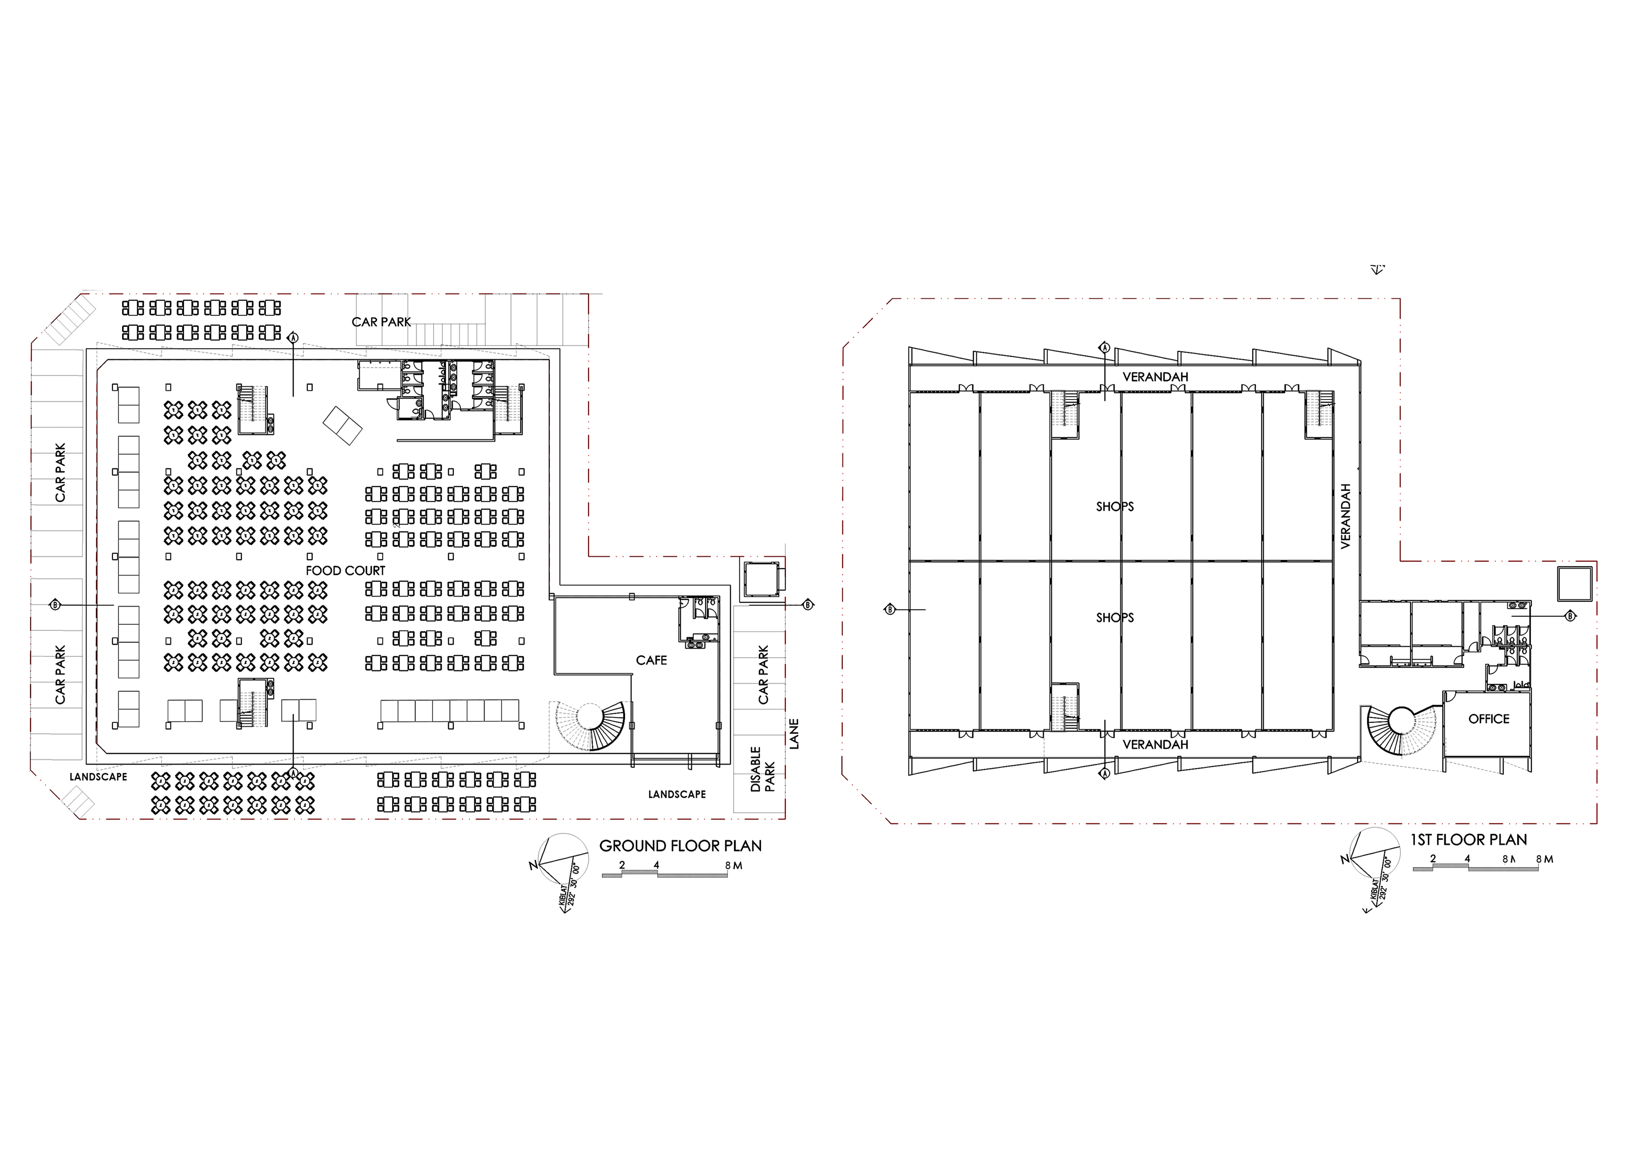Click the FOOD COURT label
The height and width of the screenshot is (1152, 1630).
[x=345, y=571]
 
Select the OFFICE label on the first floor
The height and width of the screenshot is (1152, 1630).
[x=1489, y=719]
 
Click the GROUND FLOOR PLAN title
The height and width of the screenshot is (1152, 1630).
[x=680, y=846]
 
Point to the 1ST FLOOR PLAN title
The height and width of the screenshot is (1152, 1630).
[x=1468, y=840]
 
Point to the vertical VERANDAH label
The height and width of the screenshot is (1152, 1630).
[x=1345, y=516]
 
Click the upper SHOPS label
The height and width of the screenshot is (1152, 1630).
[x=1115, y=507]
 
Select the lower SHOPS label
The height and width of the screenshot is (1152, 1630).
[x=1115, y=617]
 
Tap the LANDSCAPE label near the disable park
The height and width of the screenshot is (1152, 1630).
[x=677, y=794]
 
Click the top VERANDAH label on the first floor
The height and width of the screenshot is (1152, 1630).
[x=1155, y=377]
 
